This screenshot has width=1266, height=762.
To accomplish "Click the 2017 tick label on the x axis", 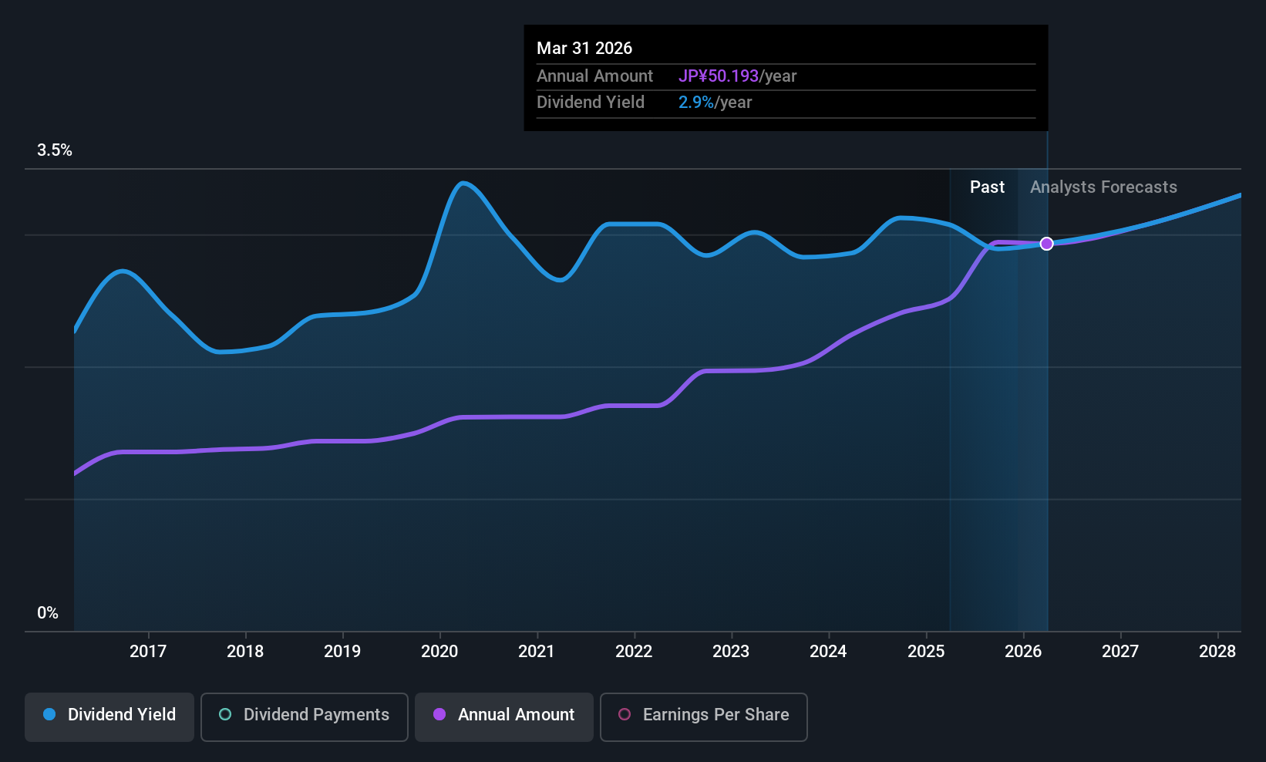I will (x=147, y=651).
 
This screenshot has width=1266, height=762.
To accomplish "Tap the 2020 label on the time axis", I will (x=439, y=651).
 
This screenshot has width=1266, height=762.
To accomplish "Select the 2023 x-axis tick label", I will (x=730, y=651).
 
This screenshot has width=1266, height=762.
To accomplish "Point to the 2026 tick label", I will (x=1022, y=651).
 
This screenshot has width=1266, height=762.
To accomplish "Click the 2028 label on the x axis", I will (x=1217, y=651).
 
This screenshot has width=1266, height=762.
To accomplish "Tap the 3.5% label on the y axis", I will (x=54, y=150).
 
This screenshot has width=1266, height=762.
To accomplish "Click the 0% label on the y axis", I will (x=48, y=613).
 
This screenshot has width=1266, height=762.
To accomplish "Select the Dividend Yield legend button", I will (x=109, y=715).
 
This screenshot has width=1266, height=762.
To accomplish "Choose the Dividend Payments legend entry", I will (x=305, y=715).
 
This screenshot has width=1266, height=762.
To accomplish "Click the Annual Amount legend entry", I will (x=504, y=715).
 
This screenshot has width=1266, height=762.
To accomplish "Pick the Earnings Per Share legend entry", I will (x=703, y=715).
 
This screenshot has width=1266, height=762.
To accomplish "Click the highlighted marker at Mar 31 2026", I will (x=1046, y=244).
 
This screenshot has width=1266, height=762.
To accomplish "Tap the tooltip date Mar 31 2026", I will (x=584, y=49).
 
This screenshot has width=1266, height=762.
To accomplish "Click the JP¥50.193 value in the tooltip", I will (x=719, y=76).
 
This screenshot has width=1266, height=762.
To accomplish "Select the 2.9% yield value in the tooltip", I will (x=695, y=103).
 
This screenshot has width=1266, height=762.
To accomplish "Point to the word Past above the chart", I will (x=987, y=187).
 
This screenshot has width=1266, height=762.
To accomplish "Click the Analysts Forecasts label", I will (x=1103, y=187).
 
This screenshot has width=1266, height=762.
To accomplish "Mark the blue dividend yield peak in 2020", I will (x=463, y=184).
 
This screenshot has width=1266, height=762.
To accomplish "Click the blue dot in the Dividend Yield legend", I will (x=49, y=715).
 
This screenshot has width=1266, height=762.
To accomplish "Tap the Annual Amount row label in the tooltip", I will (x=594, y=76).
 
